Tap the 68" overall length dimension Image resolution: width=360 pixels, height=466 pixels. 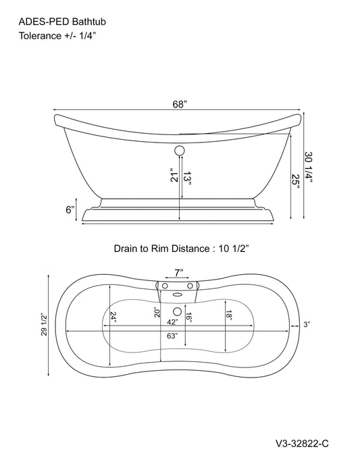180,105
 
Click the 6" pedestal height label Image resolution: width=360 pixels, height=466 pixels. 70,210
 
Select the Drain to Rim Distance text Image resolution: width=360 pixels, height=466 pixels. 181,249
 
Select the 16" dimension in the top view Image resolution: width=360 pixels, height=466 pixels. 190,317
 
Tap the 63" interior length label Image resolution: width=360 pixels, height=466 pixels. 173,336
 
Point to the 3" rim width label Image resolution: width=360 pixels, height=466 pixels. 307,326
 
